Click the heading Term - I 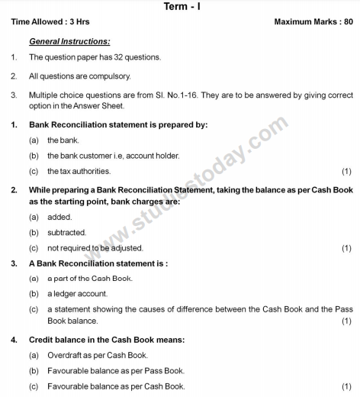180,6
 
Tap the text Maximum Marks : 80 313,22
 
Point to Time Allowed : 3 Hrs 48,22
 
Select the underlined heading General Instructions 69,40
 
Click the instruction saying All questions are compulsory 69,76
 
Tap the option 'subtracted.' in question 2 66,232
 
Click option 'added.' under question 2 59,217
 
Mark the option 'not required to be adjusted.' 95,248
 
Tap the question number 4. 14,339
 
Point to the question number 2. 14,187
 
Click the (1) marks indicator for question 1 346,171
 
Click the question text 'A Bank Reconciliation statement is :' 98,263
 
